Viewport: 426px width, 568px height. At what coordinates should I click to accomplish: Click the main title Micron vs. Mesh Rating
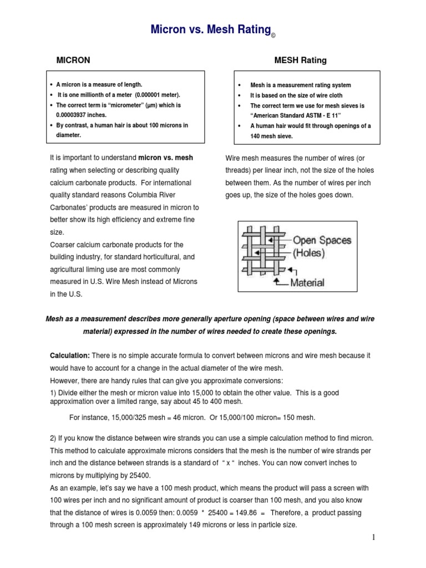(210, 29)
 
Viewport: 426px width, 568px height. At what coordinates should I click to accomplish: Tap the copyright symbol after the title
(273, 36)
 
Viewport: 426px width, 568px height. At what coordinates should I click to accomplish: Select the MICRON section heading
(75, 60)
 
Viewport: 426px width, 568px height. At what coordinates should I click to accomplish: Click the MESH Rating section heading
(301, 60)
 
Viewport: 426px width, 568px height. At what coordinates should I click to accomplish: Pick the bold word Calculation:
(69, 354)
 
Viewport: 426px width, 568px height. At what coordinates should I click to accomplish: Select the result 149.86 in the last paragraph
(256, 513)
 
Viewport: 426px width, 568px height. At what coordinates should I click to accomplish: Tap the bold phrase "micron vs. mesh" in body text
(165, 158)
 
